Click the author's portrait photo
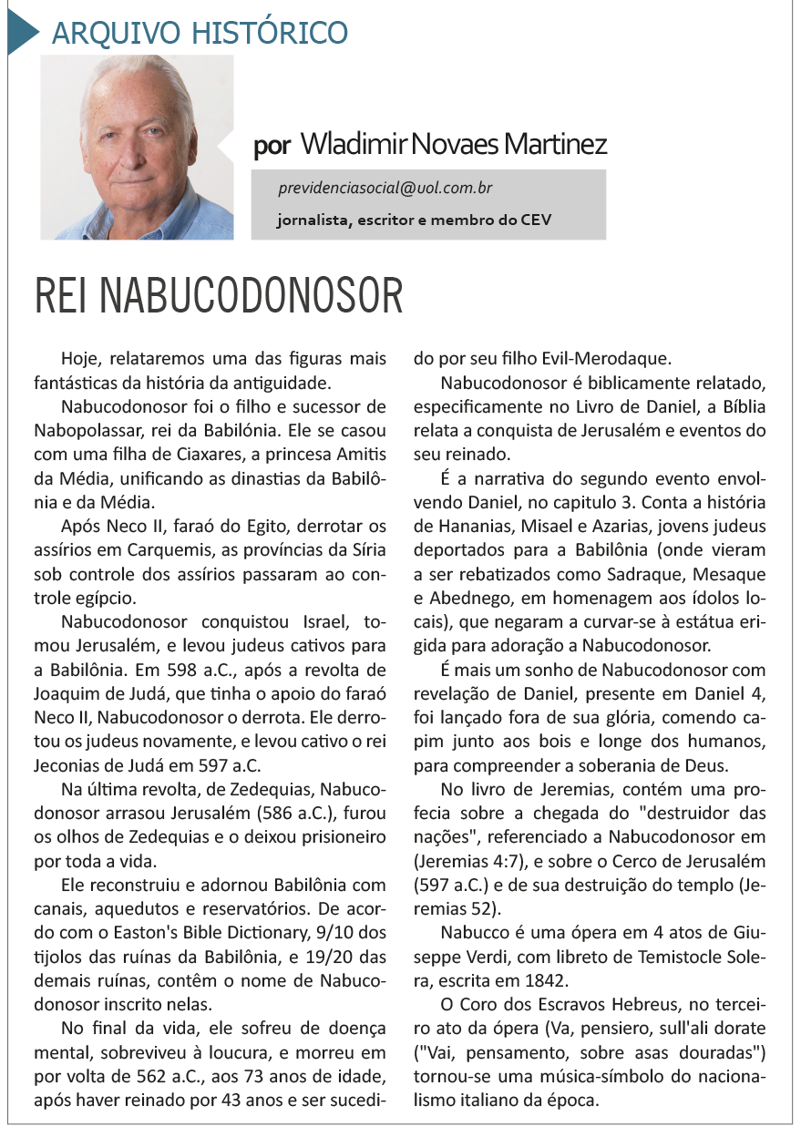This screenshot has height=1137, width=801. pos(137,148)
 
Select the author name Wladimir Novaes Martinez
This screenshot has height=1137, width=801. pos(453,144)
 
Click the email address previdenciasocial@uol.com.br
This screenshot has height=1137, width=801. pos(386,189)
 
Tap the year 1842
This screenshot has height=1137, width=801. pos(540,979)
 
